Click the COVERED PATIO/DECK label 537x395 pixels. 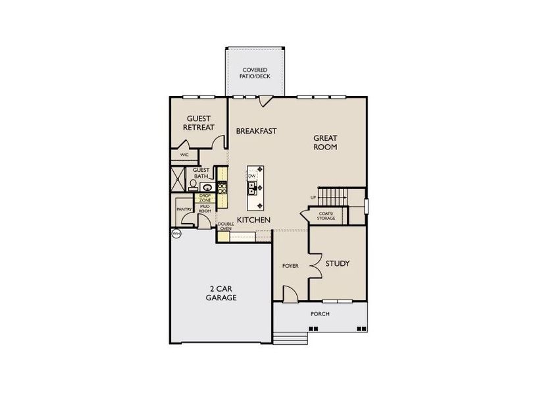tap(256, 72)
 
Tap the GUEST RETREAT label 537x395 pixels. tap(198, 122)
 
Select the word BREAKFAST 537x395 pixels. tap(256, 131)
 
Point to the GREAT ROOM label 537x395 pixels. tap(325, 142)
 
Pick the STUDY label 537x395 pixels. tap(337, 263)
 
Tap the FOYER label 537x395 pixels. tap(290, 266)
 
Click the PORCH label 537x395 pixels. tap(320, 314)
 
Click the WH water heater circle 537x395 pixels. tap(176, 234)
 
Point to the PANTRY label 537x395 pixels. tap(184, 209)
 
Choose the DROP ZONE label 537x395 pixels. tap(205, 197)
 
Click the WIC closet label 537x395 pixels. tap(184, 155)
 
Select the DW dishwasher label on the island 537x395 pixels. tap(251, 176)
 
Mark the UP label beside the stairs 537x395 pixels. tap(313, 197)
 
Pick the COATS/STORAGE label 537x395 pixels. tap(326, 216)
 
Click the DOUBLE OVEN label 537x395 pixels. tap(226, 227)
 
